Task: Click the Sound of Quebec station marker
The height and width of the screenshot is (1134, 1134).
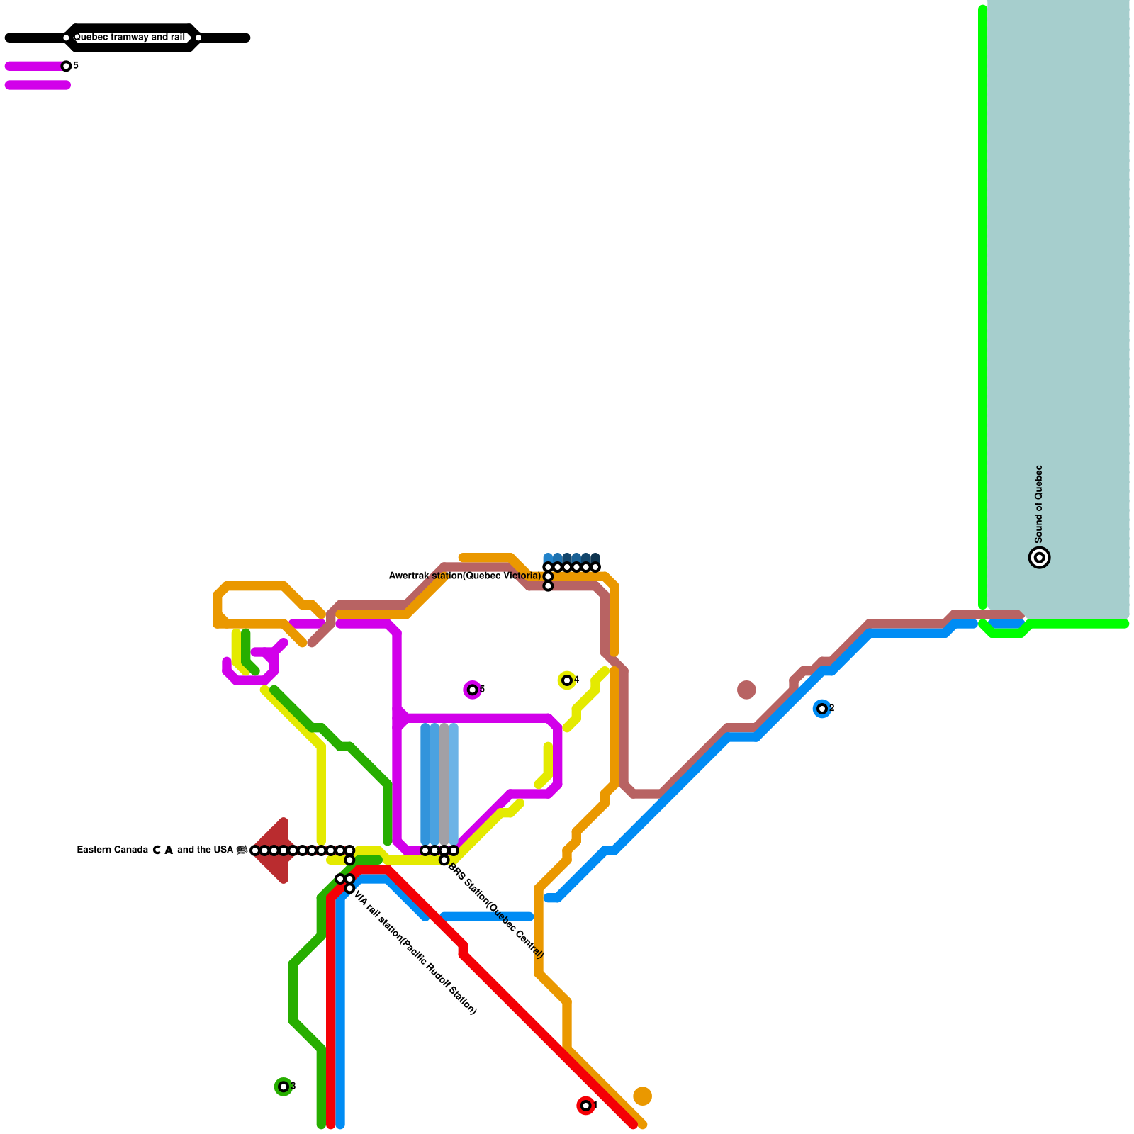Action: point(1039,558)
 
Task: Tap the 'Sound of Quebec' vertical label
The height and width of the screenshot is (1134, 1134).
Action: point(1039,504)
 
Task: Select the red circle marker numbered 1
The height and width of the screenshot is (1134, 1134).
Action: point(585,1106)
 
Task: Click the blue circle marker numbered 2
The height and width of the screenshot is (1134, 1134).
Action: point(822,709)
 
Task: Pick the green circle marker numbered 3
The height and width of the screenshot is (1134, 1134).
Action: point(283,1087)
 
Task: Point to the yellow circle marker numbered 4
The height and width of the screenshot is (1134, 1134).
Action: point(567,680)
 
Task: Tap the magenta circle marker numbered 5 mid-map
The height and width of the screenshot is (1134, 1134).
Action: point(473,690)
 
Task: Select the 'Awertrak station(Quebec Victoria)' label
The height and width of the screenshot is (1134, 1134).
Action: point(465,576)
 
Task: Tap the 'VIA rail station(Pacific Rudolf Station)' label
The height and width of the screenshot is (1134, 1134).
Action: point(415,953)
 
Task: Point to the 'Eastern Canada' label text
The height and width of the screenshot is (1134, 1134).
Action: point(112,850)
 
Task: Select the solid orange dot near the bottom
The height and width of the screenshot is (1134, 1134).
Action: point(642,1096)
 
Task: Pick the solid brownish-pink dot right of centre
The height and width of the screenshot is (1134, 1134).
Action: point(746,690)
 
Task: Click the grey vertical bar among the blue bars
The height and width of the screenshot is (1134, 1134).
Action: point(444,783)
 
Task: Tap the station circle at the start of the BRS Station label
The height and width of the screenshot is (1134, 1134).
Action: point(444,860)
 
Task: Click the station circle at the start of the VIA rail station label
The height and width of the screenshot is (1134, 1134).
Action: point(349,888)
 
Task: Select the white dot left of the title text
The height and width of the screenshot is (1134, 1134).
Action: point(66,38)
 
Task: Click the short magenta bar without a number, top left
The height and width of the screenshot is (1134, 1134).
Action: point(38,86)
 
